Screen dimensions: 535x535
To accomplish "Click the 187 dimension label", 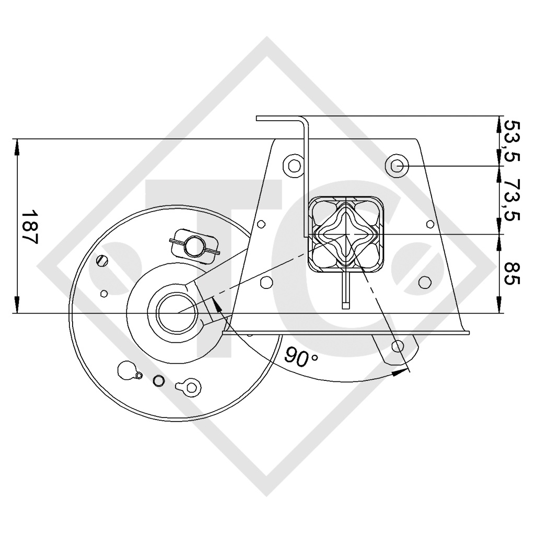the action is pyautogui.click(x=30, y=227).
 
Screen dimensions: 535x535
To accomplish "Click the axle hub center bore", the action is pyautogui.click(x=177, y=312).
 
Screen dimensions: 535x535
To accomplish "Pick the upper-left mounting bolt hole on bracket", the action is pyautogui.click(x=294, y=166).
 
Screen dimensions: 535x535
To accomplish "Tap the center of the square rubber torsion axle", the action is pyautogui.click(x=346, y=235).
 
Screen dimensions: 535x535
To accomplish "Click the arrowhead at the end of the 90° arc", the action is pyautogui.click(x=398, y=373).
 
